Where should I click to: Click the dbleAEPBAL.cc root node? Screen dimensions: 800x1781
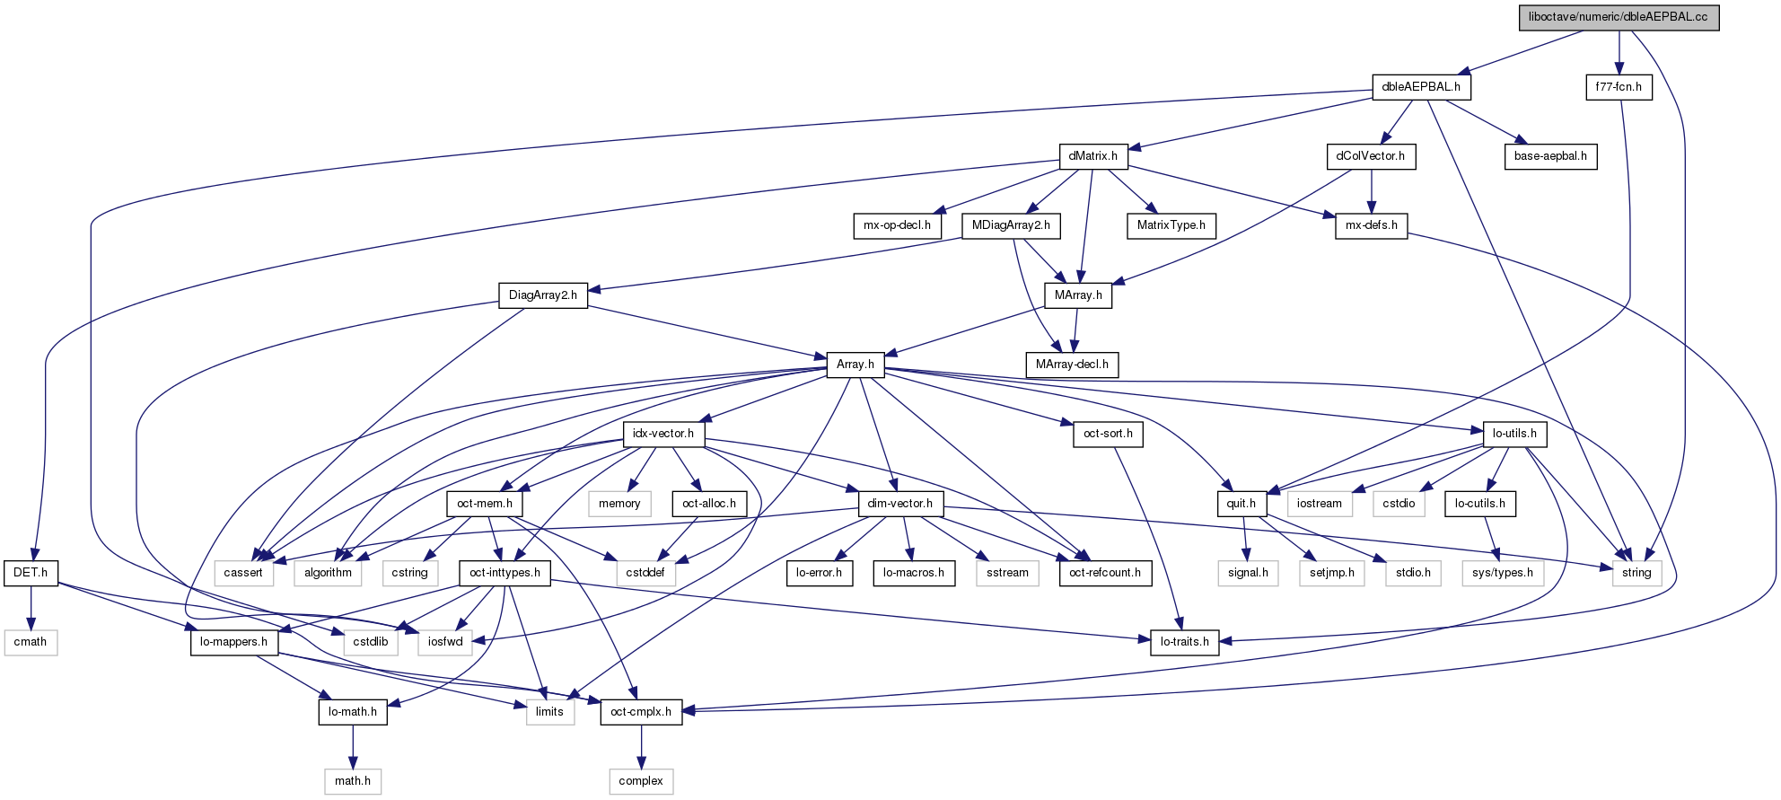(x=1618, y=17)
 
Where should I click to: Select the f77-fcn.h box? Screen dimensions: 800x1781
(x=1619, y=87)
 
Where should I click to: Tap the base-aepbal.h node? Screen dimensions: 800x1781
(x=1550, y=156)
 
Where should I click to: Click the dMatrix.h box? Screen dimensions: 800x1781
(x=1092, y=156)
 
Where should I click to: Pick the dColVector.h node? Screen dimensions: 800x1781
(x=1371, y=156)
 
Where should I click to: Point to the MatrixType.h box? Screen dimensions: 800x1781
(x=1171, y=225)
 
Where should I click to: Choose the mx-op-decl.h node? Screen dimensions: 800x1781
(x=897, y=225)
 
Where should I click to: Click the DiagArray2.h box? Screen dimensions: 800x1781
(x=542, y=295)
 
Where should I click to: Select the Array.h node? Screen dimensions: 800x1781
(x=855, y=365)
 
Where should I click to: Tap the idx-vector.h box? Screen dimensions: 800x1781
(x=663, y=434)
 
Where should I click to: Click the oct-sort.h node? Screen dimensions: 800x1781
(x=1108, y=434)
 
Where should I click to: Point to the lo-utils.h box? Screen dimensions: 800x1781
(x=1514, y=434)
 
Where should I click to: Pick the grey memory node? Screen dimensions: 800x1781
(x=619, y=504)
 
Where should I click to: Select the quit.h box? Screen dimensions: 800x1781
(x=1241, y=504)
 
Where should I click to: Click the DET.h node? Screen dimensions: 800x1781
(x=31, y=573)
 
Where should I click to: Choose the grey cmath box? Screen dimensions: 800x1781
(x=31, y=642)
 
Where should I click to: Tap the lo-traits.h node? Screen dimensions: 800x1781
(x=1184, y=642)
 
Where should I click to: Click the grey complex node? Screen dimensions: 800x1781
(x=641, y=781)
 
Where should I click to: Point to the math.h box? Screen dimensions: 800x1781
(x=353, y=781)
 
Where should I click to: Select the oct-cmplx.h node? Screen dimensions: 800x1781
(x=641, y=712)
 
